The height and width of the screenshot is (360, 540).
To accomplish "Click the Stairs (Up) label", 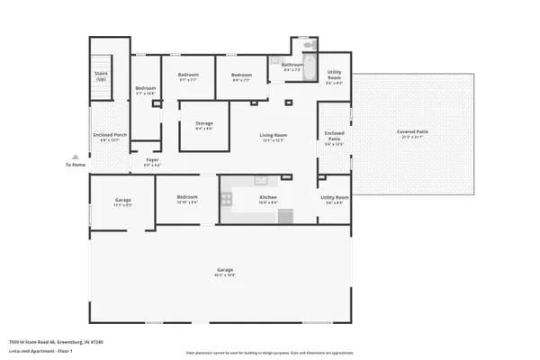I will click(x=101, y=76).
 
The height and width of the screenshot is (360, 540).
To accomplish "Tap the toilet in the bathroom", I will click(x=308, y=45).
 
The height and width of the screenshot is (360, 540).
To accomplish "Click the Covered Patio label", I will click(x=412, y=132).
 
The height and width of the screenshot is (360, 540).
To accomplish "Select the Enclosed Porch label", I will click(x=109, y=136).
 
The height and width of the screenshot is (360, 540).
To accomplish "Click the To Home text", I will click(x=75, y=164).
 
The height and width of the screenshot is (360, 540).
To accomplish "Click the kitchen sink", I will click(x=261, y=180).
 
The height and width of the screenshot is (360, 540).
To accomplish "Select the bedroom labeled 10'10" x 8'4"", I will click(x=187, y=199).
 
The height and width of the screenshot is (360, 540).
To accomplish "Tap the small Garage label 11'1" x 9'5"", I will click(x=123, y=202).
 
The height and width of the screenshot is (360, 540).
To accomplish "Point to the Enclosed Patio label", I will click(x=334, y=136).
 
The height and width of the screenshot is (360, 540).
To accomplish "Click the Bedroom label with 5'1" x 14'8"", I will click(x=146, y=89).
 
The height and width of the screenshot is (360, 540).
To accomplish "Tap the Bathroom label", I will click(x=292, y=65).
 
